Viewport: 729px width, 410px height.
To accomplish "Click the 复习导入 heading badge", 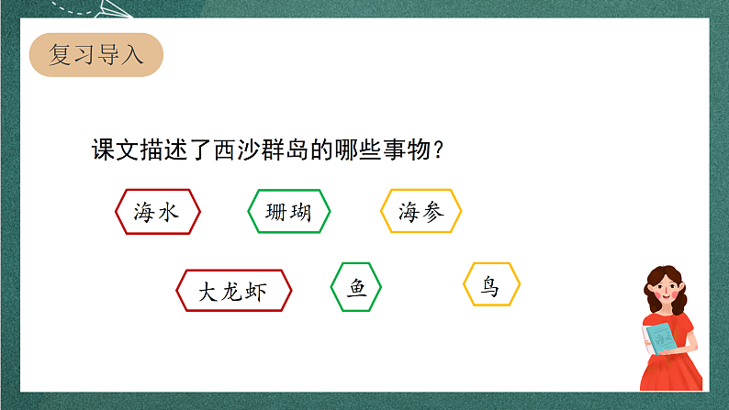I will point(95,54).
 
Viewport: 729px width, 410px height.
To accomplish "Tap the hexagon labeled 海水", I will point(157,212).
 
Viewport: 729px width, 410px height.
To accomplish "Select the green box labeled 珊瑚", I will point(289,212).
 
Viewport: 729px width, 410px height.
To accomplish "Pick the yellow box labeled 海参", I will point(421,212).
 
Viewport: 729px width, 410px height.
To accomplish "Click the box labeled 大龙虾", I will point(234,292).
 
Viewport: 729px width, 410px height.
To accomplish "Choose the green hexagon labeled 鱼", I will point(356,288).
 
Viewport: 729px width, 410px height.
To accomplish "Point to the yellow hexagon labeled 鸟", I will point(491,285).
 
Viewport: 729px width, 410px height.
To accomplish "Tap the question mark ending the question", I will point(438,150).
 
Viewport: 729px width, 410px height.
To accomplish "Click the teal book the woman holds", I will point(662,337).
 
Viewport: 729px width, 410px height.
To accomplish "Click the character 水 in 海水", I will point(168,212).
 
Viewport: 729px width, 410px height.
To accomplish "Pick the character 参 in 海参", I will point(432,212).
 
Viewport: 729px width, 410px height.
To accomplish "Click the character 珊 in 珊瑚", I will point(276,212).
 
